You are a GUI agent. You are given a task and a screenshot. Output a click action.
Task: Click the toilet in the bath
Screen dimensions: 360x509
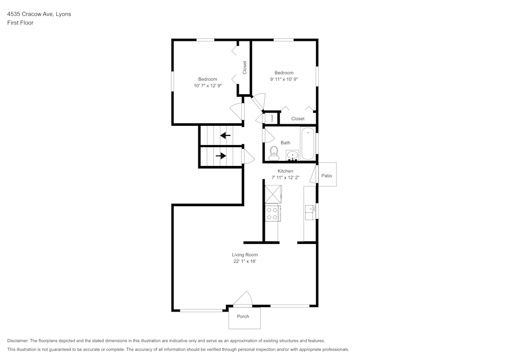pos(274,152)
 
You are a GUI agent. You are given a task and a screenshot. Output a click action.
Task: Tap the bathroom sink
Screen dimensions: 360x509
pos(293,155)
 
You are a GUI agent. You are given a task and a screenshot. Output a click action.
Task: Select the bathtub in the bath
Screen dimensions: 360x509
pos(308,145)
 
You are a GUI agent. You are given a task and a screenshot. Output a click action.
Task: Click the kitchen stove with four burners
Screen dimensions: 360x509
pos(272,213)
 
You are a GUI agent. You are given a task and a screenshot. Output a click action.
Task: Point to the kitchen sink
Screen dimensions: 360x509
pos(310,211)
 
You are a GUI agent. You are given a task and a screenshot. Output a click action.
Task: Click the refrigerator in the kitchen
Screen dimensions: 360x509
pos(272,193)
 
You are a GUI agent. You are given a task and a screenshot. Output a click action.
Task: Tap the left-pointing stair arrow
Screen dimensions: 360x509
pos(225,135)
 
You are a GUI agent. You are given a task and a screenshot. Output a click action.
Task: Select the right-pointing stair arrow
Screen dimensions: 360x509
pos(221,156)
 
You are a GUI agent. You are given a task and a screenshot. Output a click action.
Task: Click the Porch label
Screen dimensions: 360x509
pos(243,317)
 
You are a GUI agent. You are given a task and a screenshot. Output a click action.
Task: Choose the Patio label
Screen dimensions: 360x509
pos(327,176)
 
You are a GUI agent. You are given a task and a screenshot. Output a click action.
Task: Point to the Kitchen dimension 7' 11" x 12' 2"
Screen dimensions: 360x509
pos(285,178)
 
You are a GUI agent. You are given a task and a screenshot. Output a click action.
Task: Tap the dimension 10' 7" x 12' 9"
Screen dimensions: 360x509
pos(208,86)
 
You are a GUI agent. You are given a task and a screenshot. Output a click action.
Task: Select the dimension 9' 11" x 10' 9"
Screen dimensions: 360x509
pos(284,79)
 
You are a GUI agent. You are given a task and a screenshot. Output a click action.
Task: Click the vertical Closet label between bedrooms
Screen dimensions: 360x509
pos(244,68)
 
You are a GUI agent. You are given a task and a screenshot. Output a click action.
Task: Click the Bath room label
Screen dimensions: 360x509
pos(285,143)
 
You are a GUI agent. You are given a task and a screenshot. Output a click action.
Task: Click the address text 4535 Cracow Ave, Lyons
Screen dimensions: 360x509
pos(39,14)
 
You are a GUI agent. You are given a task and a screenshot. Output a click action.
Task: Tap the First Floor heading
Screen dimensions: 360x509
pos(20,23)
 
